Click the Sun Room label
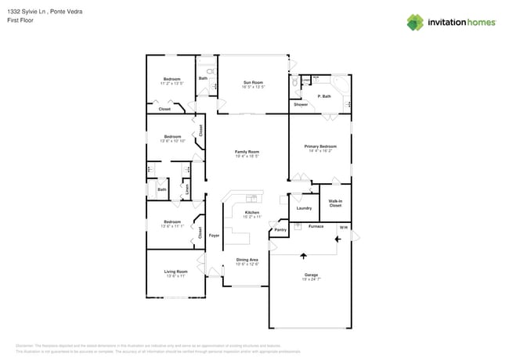click(x=252, y=82)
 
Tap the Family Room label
click(x=247, y=152)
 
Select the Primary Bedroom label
click(x=320, y=146)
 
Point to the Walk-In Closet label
click(x=335, y=203)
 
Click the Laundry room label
click(x=304, y=208)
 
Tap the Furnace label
click(x=316, y=226)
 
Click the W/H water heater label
click(x=342, y=227)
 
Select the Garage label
click(x=311, y=275)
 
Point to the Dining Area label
click(x=247, y=260)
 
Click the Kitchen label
click(x=251, y=213)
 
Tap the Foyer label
click(x=214, y=235)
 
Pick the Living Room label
click(x=175, y=272)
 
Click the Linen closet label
click(x=187, y=188)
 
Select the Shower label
click(x=301, y=104)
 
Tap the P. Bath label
click(x=324, y=96)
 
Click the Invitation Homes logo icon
click(x=415, y=22)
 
